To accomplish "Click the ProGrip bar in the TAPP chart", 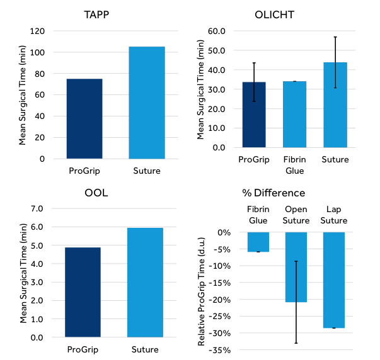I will pos(84,118).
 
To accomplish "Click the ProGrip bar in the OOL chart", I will pos(83,292).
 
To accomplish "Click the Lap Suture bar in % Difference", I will pos(333,280).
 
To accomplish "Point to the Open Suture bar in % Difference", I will pos(296,267).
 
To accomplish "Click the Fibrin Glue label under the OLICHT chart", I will pos(296,165).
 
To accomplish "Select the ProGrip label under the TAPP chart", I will pos(83,171).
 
